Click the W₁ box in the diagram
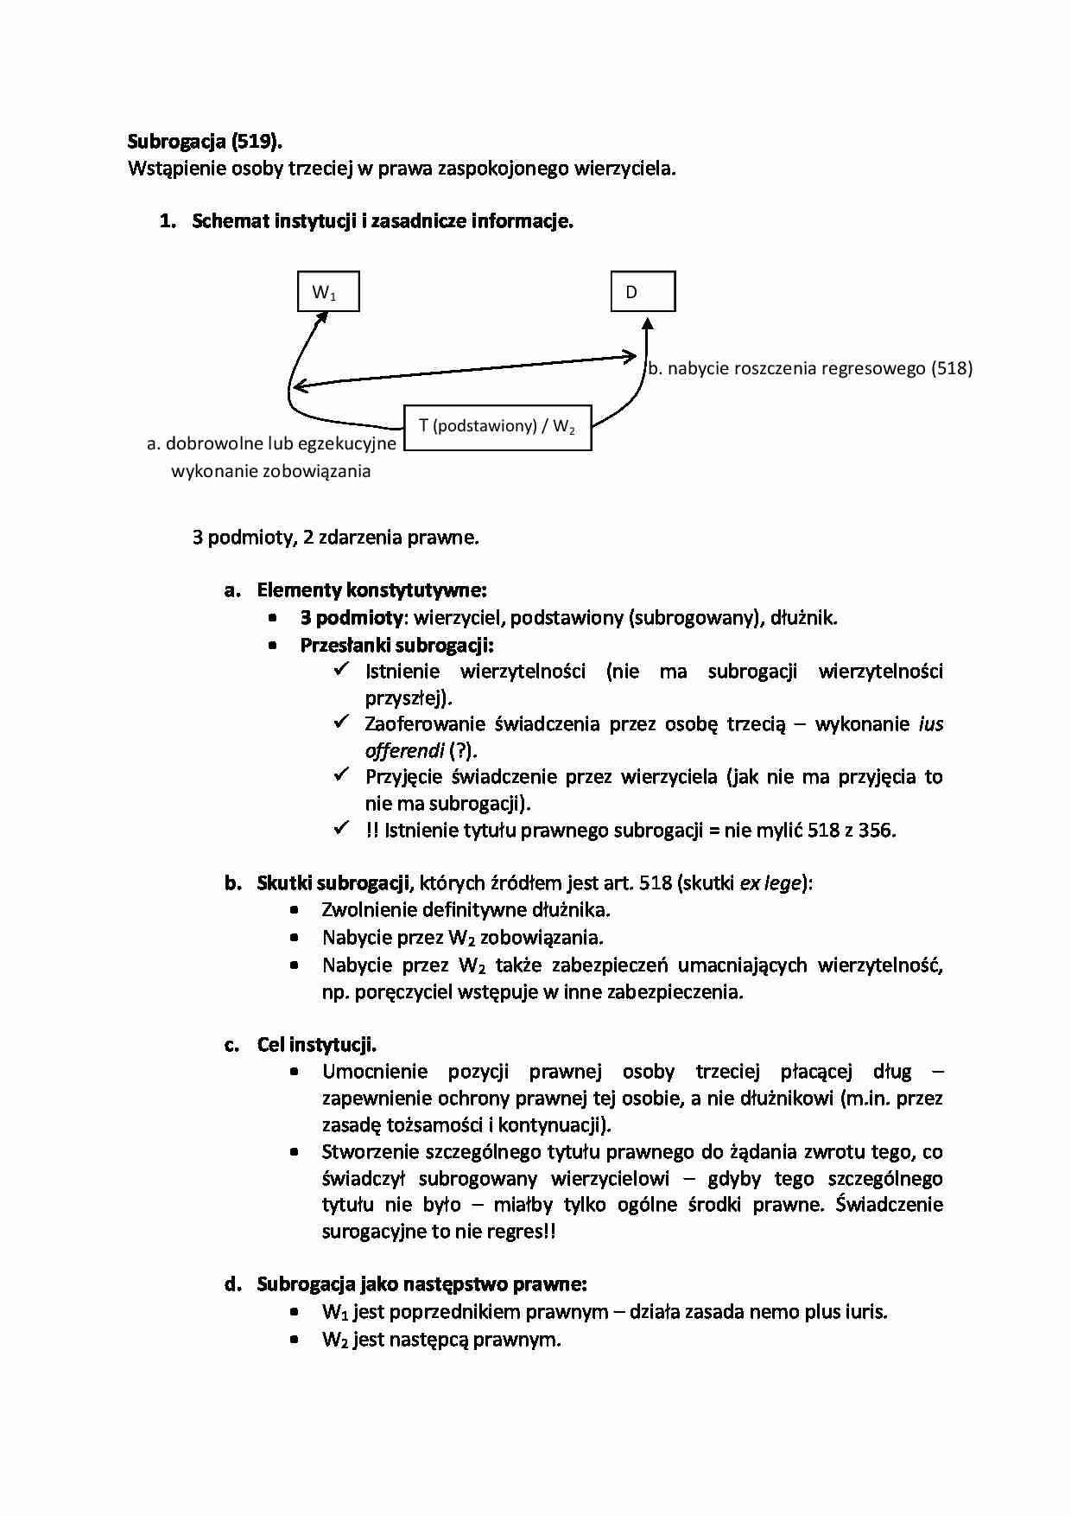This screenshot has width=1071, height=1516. (x=327, y=292)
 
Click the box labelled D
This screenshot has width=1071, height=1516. (x=643, y=292)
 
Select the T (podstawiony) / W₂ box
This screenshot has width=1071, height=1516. (x=497, y=427)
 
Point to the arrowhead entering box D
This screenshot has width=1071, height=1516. (x=648, y=323)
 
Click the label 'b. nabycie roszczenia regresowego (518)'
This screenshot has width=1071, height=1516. (x=810, y=368)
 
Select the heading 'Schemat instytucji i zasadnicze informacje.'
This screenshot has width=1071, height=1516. (x=383, y=221)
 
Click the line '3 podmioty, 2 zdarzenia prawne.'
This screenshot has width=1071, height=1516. (x=335, y=538)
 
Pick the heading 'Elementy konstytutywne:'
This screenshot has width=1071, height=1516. (x=371, y=591)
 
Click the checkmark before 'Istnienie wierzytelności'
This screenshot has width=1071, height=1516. (x=341, y=669)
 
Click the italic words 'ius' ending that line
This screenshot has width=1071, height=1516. (x=930, y=724)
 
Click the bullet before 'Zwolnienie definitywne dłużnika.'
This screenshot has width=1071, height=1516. (x=295, y=910)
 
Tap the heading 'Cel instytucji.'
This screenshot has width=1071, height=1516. (x=316, y=1044)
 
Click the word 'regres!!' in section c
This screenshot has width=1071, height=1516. (x=518, y=1232)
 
